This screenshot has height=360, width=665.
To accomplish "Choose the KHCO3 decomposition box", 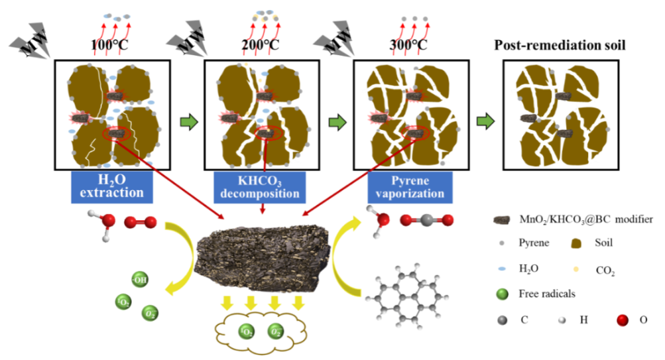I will coord(260,186).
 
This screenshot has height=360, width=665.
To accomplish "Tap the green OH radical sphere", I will coord(139,279).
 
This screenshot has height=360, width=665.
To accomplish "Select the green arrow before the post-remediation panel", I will coord(487,122).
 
